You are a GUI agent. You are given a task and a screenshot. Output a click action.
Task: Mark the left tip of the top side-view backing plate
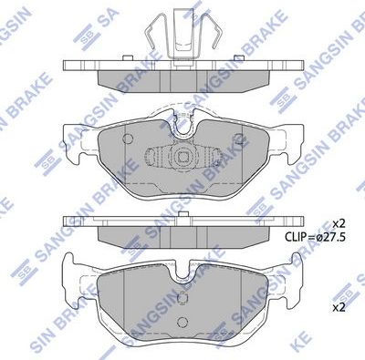point(64,66)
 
